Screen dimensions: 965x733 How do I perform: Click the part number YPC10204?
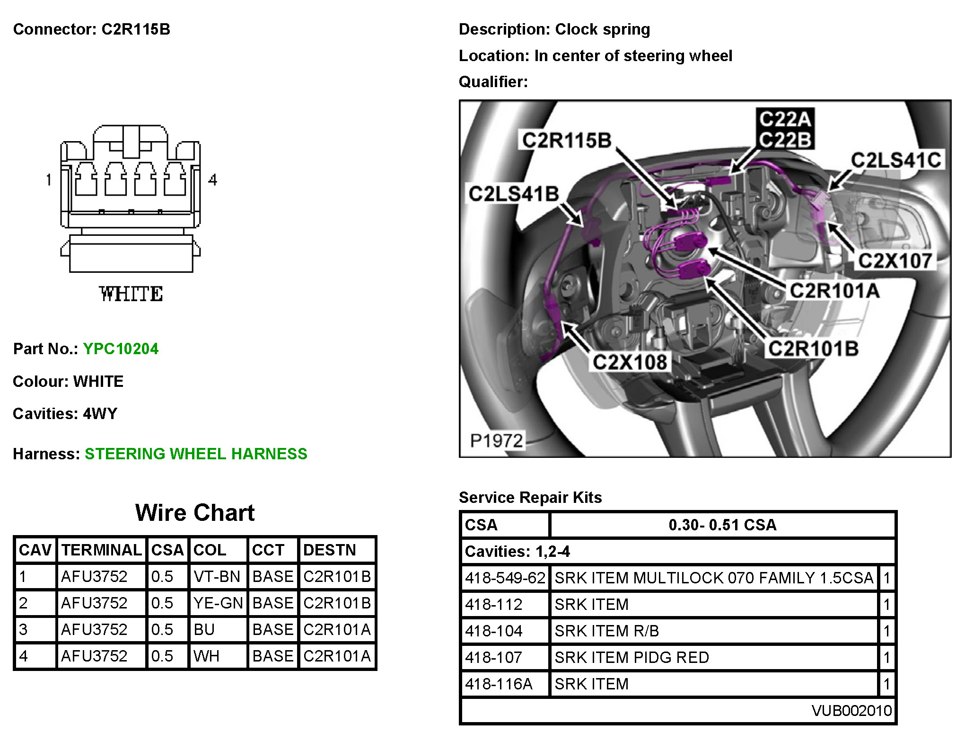coord(121,349)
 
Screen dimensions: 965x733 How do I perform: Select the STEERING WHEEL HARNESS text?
coord(196,454)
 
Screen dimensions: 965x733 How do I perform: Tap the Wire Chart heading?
coord(195,512)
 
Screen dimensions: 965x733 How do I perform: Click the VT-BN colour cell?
coord(217,576)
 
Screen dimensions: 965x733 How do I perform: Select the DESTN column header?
coord(329,550)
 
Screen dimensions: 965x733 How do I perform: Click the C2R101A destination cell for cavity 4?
coord(337,656)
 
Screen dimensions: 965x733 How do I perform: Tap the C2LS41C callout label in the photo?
coord(896,160)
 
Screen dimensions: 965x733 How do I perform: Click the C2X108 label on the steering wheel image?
coord(630,362)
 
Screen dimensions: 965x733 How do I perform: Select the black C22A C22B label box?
coord(785,129)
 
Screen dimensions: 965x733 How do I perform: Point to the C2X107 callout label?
coord(895,261)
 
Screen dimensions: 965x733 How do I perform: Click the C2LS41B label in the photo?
coord(514,194)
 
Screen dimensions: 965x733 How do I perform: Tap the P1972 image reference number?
coord(496,441)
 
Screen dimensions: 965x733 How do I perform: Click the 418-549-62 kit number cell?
coord(505,578)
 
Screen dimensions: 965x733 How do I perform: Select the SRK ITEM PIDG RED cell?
coord(632,657)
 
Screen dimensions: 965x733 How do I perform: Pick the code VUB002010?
coord(851,710)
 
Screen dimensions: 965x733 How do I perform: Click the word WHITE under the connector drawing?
coord(131,294)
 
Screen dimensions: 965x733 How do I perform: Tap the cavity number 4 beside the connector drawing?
coord(213,180)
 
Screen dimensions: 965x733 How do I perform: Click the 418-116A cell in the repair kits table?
coord(499,684)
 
